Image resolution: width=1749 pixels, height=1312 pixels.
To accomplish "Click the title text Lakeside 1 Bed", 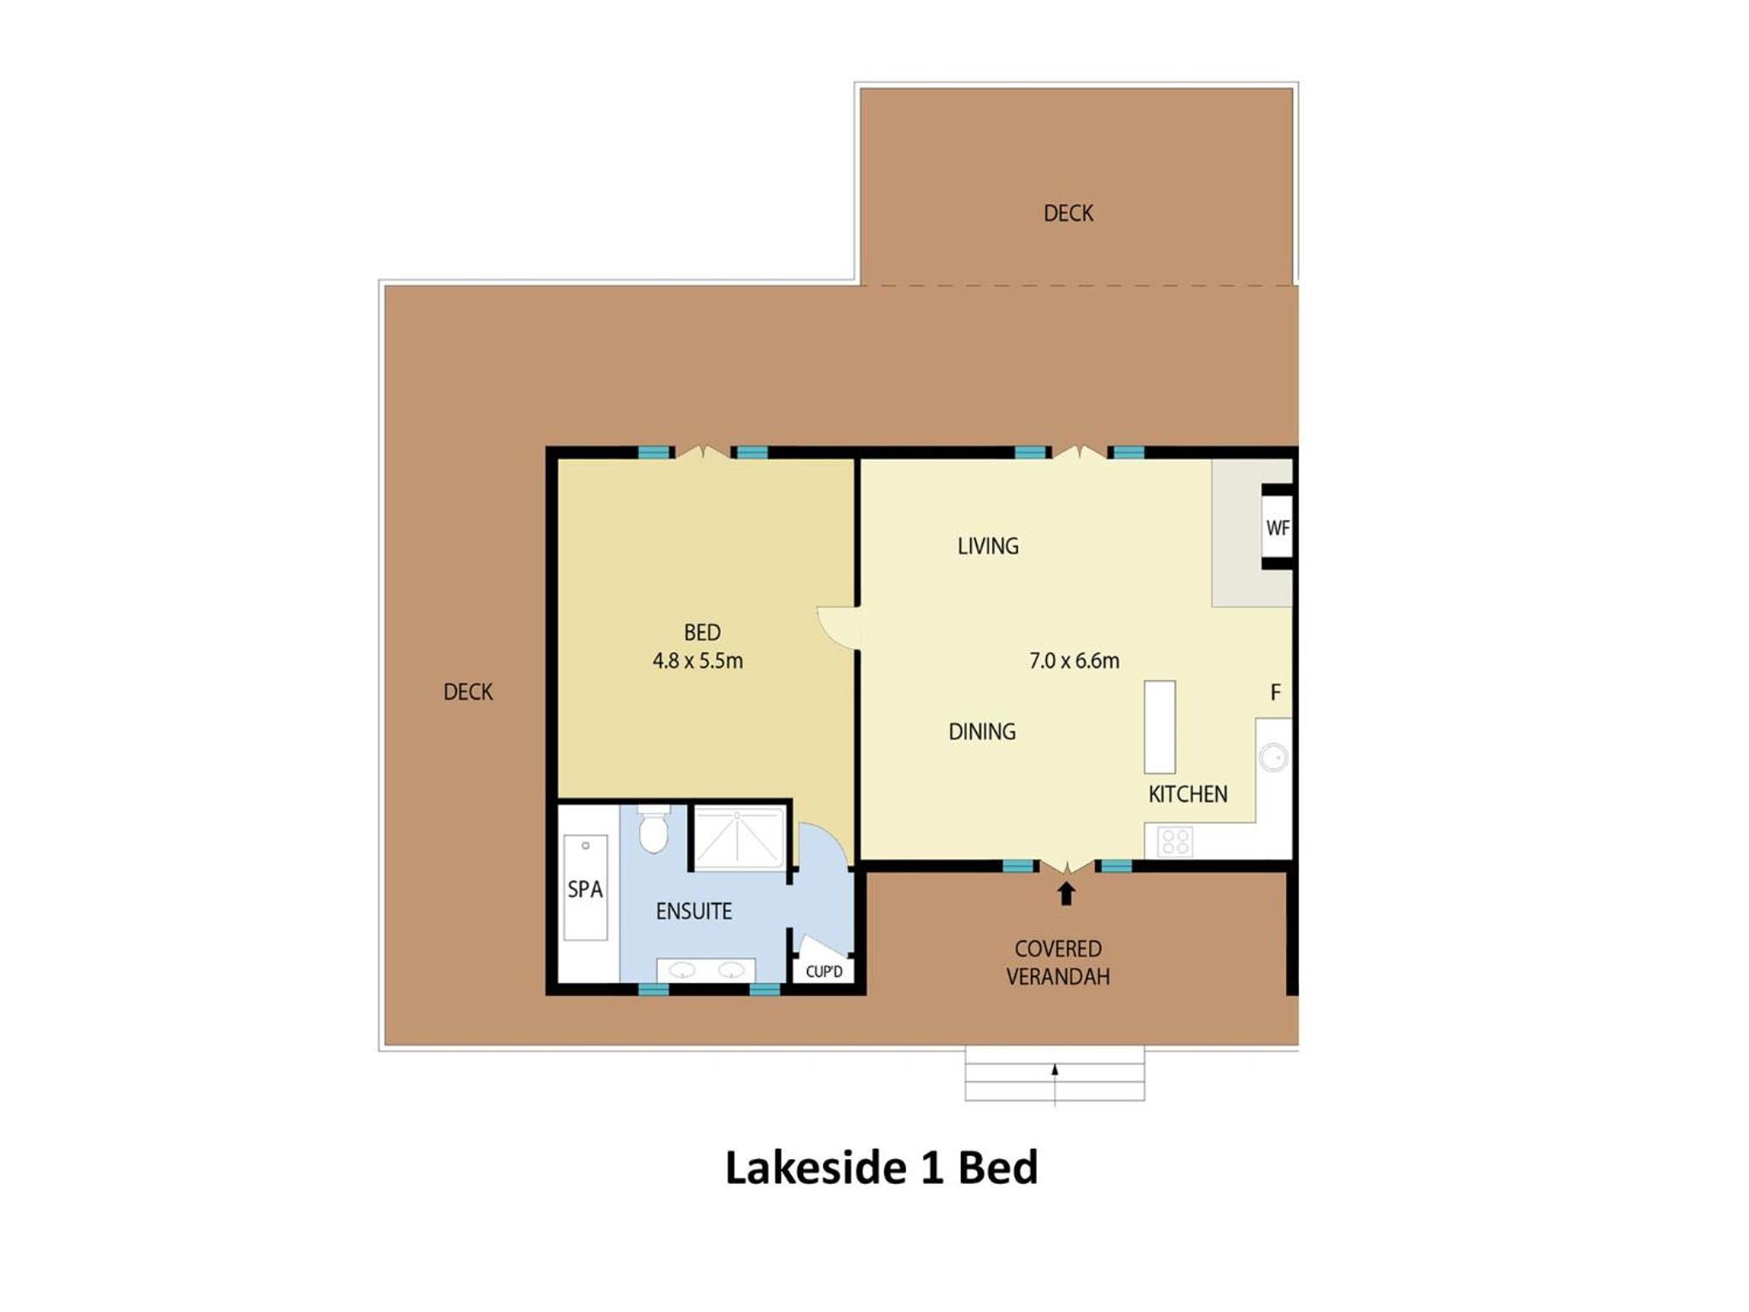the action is [x=881, y=1168].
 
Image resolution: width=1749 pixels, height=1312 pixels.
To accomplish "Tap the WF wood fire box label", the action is [x=1278, y=528].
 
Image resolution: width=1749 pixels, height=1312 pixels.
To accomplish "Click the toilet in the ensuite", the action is [x=653, y=829].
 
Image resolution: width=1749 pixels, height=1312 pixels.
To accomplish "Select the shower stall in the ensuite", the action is [x=739, y=837].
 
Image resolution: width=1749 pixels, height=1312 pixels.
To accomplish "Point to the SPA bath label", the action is [x=585, y=889].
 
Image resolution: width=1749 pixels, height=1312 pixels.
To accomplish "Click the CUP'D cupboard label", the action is [x=824, y=971].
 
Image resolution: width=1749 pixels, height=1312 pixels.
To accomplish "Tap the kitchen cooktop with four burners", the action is [x=1175, y=841].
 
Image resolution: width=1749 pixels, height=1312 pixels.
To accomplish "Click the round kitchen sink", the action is [x=1274, y=758].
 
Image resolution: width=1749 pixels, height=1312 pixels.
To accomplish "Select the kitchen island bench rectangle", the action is [x=1160, y=727].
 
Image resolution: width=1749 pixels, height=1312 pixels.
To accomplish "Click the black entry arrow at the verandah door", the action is [x=1066, y=893].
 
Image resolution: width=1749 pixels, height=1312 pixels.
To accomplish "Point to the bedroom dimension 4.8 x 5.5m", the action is [x=698, y=660].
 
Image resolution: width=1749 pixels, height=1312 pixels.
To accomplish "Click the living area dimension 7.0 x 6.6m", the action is [x=1074, y=660].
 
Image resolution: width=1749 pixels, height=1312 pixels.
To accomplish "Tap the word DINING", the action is [x=982, y=731].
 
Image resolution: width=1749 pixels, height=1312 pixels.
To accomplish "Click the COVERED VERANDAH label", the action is [x=1058, y=963].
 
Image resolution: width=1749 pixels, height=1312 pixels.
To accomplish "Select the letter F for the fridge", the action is [x=1275, y=692].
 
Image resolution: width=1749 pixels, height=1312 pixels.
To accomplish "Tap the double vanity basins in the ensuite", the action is [x=705, y=970].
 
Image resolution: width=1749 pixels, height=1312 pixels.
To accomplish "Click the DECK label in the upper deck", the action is [x=1068, y=213].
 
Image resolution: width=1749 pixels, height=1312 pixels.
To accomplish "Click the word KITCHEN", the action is [x=1188, y=794].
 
